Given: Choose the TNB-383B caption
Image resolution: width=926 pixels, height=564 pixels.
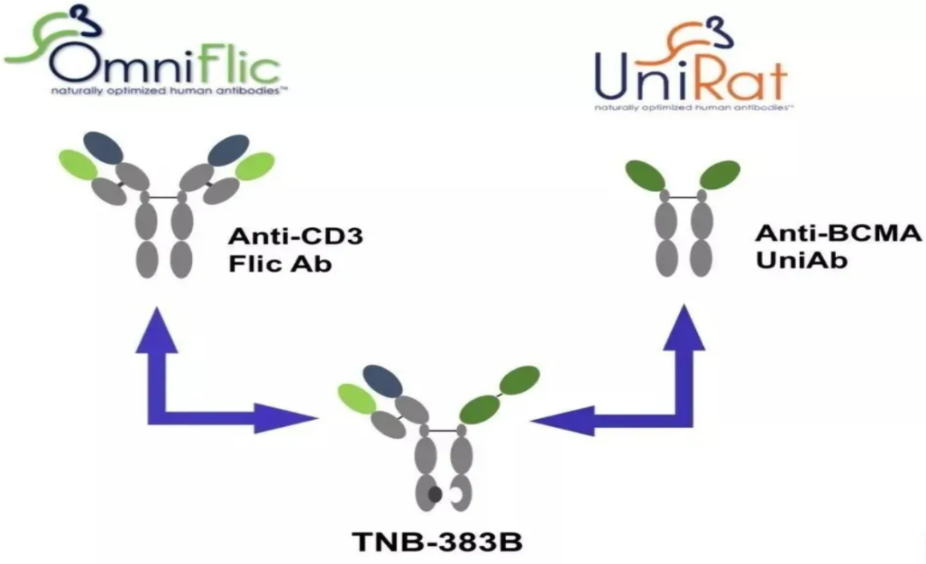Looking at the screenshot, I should pos(438,542).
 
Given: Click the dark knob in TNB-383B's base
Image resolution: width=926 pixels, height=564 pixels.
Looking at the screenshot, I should pos(436,494).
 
